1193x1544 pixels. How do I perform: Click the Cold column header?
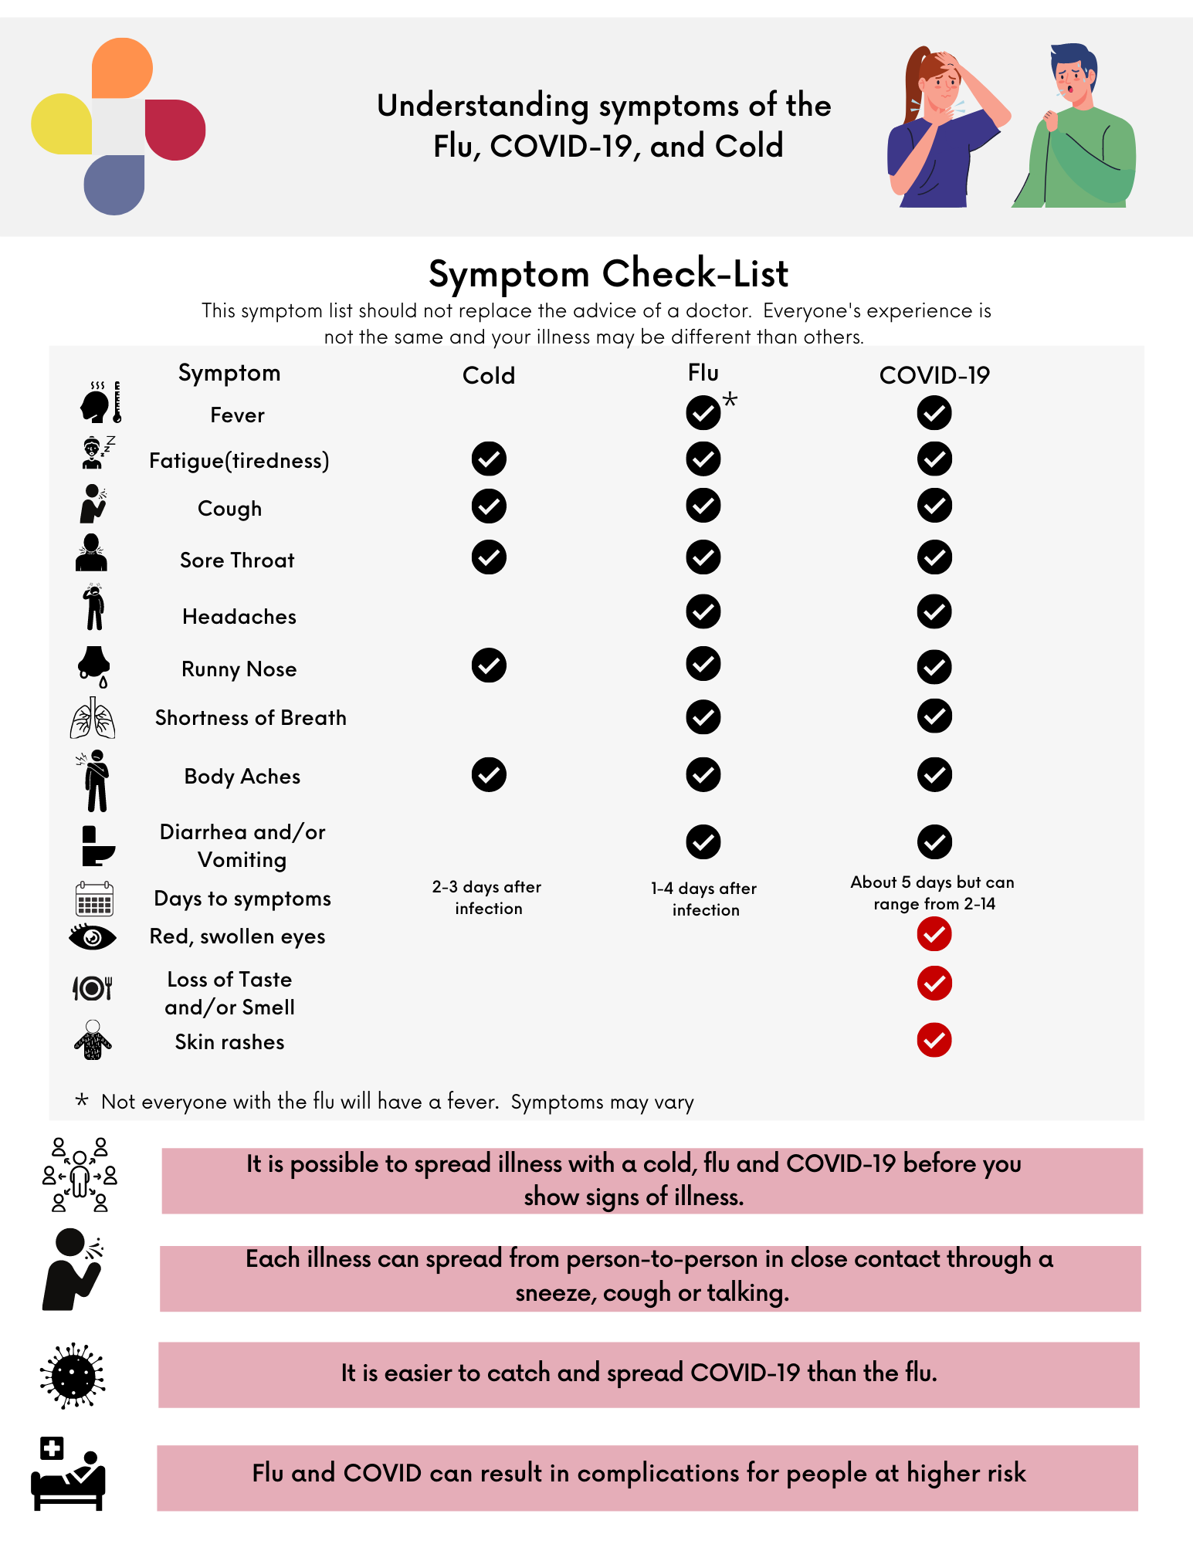click(488, 376)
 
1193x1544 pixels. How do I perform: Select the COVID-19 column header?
click(934, 376)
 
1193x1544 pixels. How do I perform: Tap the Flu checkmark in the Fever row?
click(703, 413)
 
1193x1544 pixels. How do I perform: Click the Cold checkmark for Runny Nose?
click(489, 665)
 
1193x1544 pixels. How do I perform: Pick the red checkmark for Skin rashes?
click(934, 1040)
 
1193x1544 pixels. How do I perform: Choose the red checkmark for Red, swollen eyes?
click(934, 934)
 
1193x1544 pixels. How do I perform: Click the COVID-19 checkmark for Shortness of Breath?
click(934, 716)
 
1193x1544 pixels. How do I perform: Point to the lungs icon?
click(93, 718)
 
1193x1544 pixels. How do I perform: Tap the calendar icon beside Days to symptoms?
click(94, 899)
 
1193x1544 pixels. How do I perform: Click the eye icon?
click(93, 937)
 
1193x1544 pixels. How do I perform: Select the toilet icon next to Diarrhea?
click(97, 846)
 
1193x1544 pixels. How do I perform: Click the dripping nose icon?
click(94, 665)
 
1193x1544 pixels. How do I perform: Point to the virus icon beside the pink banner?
click(73, 1376)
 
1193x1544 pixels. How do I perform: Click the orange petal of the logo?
click(121, 68)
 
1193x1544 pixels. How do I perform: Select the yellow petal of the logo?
click(62, 124)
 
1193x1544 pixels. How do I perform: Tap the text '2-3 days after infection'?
click(487, 897)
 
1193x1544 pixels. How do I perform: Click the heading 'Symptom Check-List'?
click(608, 273)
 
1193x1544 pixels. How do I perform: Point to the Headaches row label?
click(239, 616)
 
